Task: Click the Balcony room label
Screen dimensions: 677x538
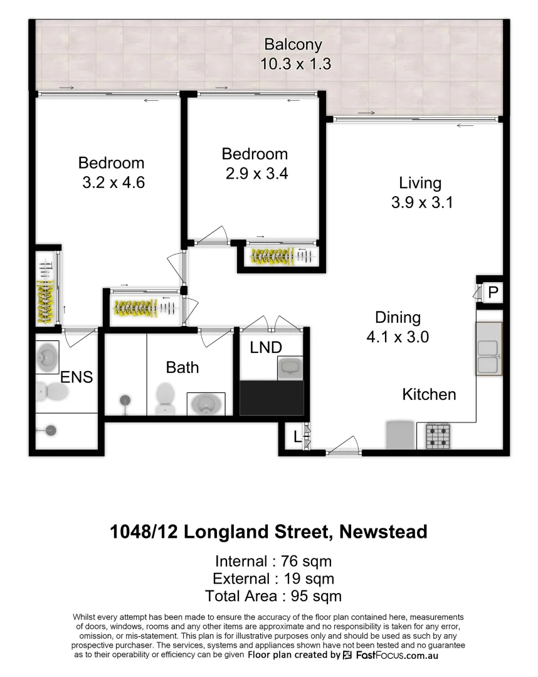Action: [293, 45]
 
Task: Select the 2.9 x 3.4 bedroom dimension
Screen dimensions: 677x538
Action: [256, 174]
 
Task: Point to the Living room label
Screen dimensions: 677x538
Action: [420, 183]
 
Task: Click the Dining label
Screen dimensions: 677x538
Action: [398, 317]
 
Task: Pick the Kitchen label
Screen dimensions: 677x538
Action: [429, 394]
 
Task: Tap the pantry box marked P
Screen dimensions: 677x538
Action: [493, 292]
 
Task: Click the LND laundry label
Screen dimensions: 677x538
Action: [266, 347]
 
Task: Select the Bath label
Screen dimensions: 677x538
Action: [182, 367]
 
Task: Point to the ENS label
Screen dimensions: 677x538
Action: [76, 377]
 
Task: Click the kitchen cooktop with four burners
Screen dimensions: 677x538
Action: [438, 436]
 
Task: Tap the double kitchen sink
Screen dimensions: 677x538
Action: [488, 357]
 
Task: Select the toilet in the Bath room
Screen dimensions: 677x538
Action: [165, 397]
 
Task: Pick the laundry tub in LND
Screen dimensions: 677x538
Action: [290, 367]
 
